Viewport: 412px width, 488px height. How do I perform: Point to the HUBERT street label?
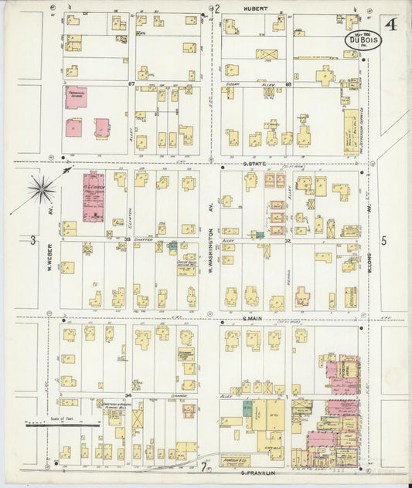click(256, 8)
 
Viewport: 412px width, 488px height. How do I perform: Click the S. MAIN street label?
click(254, 318)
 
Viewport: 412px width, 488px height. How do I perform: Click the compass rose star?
click(42, 188)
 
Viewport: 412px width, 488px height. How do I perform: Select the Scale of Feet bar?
click(62, 424)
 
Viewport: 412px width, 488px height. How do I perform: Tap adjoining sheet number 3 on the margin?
click(32, 241)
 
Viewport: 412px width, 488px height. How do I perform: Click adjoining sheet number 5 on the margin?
click(383, 241)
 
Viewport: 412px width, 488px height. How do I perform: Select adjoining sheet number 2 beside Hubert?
click(217, 9)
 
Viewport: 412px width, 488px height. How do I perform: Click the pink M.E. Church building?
click(93, 197)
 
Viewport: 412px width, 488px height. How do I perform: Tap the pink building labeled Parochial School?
click(75, 98)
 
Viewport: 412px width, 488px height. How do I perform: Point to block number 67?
click(131, 83)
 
